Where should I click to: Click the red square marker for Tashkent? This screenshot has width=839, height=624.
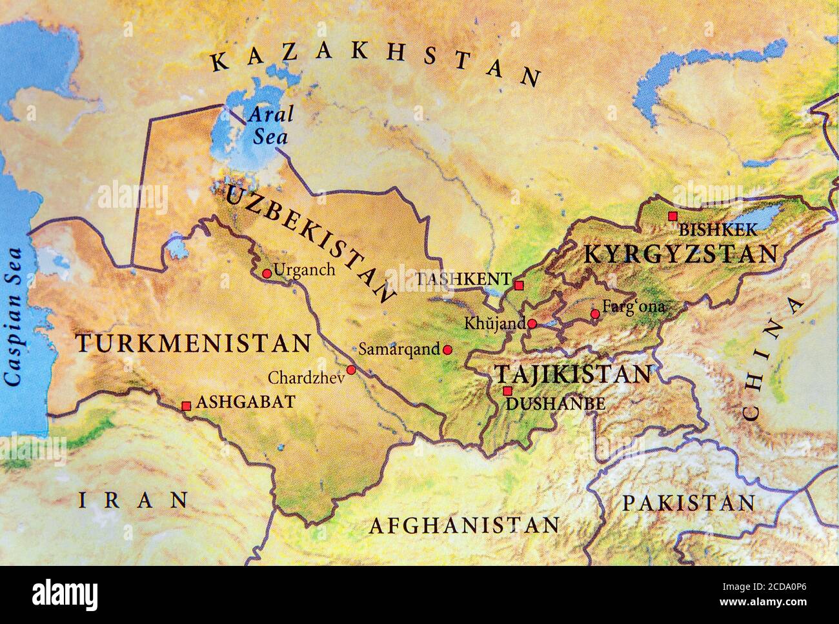coord(519,285)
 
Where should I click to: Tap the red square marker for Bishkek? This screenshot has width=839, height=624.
coord(672,216)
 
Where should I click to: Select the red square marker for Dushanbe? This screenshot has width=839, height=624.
coord(507,391)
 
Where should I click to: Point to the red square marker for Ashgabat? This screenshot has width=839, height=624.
coord(186,406)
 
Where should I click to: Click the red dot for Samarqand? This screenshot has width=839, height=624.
coord(447,350)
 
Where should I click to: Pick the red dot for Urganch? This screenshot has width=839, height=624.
coord(267,274)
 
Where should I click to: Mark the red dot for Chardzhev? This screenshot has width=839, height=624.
coord(351,370)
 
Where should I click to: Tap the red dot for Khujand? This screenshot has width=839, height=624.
coord(532,324)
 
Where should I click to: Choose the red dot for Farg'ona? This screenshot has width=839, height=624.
coord(595,314)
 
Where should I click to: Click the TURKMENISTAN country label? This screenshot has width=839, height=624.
coord(193,343)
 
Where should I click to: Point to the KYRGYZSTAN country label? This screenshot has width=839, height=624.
coord(680,254)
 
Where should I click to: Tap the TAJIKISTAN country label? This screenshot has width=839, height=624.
coord(572,374)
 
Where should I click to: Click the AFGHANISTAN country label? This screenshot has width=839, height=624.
coord(463,525)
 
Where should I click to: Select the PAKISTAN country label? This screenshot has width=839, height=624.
coord(688,503)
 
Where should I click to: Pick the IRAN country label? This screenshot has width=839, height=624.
coord(134,499)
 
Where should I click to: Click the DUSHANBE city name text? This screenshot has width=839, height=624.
coord(556,405)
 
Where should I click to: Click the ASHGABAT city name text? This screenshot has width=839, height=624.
coord(245,402)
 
